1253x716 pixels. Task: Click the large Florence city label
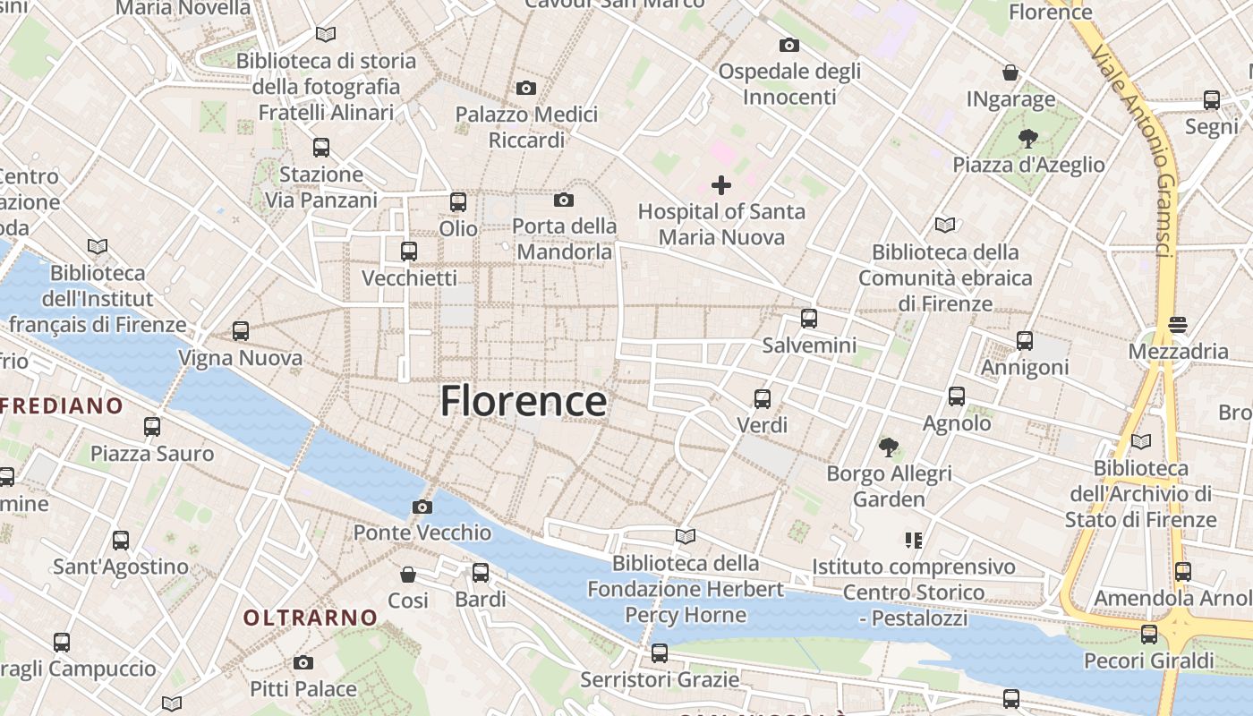click(524, 402)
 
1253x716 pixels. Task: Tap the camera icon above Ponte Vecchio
click(422, 507)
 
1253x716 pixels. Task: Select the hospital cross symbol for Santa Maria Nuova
click(721, 185)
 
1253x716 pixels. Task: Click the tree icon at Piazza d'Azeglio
click(1028, 139)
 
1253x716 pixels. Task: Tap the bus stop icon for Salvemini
click(809, 319)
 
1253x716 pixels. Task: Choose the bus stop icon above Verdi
click(763, 399)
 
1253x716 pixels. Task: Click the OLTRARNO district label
click(311, 618)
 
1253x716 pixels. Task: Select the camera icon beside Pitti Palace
click(303, 663)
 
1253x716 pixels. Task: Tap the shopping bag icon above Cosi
click(408, 574)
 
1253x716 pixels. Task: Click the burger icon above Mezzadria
click(1178, 325)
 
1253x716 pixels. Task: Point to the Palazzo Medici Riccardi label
click(526, 127)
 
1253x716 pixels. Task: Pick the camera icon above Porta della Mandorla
click(564, 200)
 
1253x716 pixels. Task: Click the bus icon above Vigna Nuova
click(241, 331)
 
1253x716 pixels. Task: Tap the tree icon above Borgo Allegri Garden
click(889, 447)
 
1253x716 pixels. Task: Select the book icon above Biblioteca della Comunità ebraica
click(945, 225)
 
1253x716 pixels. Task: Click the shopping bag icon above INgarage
click(1010, 72)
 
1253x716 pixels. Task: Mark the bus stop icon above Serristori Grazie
click(660, 653)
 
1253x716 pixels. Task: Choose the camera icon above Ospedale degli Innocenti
click(789, 45)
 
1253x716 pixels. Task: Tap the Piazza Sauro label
click(152, 454)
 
